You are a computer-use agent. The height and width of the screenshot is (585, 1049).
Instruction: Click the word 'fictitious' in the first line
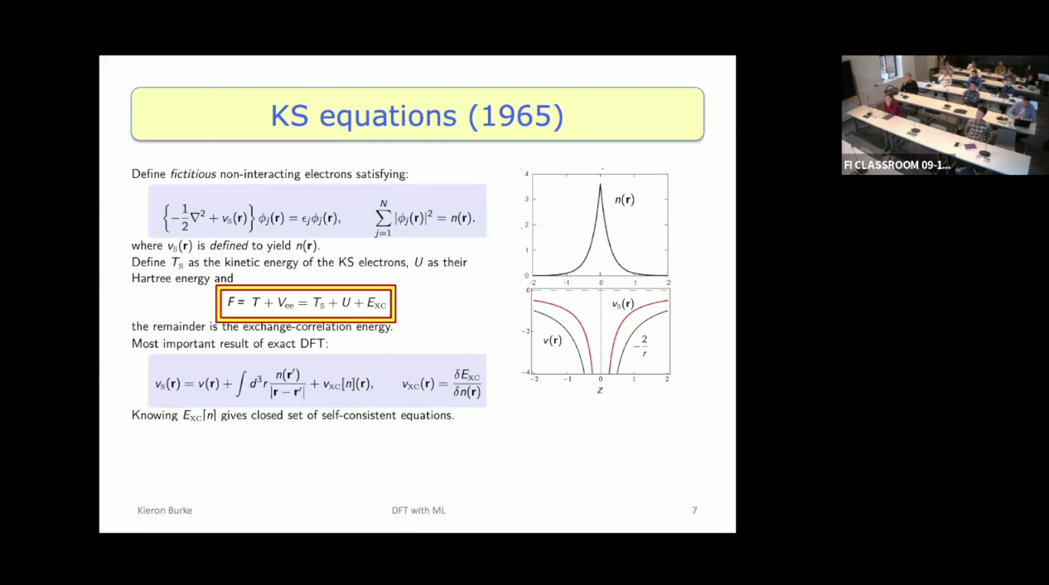point(193,174)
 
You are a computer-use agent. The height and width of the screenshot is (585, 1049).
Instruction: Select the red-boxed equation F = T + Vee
point(306,303)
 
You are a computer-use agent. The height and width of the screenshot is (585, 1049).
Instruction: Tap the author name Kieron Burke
point(165,510)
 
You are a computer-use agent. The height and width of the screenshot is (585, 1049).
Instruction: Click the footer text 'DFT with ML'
point(418,510)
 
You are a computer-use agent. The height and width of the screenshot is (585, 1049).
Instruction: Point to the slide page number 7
point(694,510)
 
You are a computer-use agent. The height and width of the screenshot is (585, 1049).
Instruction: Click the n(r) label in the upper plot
point(625,200)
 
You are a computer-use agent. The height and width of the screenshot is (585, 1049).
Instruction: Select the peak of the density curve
point(601,185)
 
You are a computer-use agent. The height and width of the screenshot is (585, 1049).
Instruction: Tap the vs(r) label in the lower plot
point(623,304)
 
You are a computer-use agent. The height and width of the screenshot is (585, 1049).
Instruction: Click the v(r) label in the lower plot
point(552,341)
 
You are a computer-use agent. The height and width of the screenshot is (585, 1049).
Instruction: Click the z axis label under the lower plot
point(600,389)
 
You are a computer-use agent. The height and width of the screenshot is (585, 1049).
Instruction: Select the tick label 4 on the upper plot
point(526,175)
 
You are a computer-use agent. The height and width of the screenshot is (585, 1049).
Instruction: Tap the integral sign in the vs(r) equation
point(240,383)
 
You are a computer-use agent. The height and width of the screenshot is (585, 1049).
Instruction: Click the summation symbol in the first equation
point(383,218)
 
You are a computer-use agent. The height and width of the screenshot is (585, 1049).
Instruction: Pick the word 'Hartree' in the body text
point(150,278)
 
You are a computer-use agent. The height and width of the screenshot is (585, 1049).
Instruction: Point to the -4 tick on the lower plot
point(526,373)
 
